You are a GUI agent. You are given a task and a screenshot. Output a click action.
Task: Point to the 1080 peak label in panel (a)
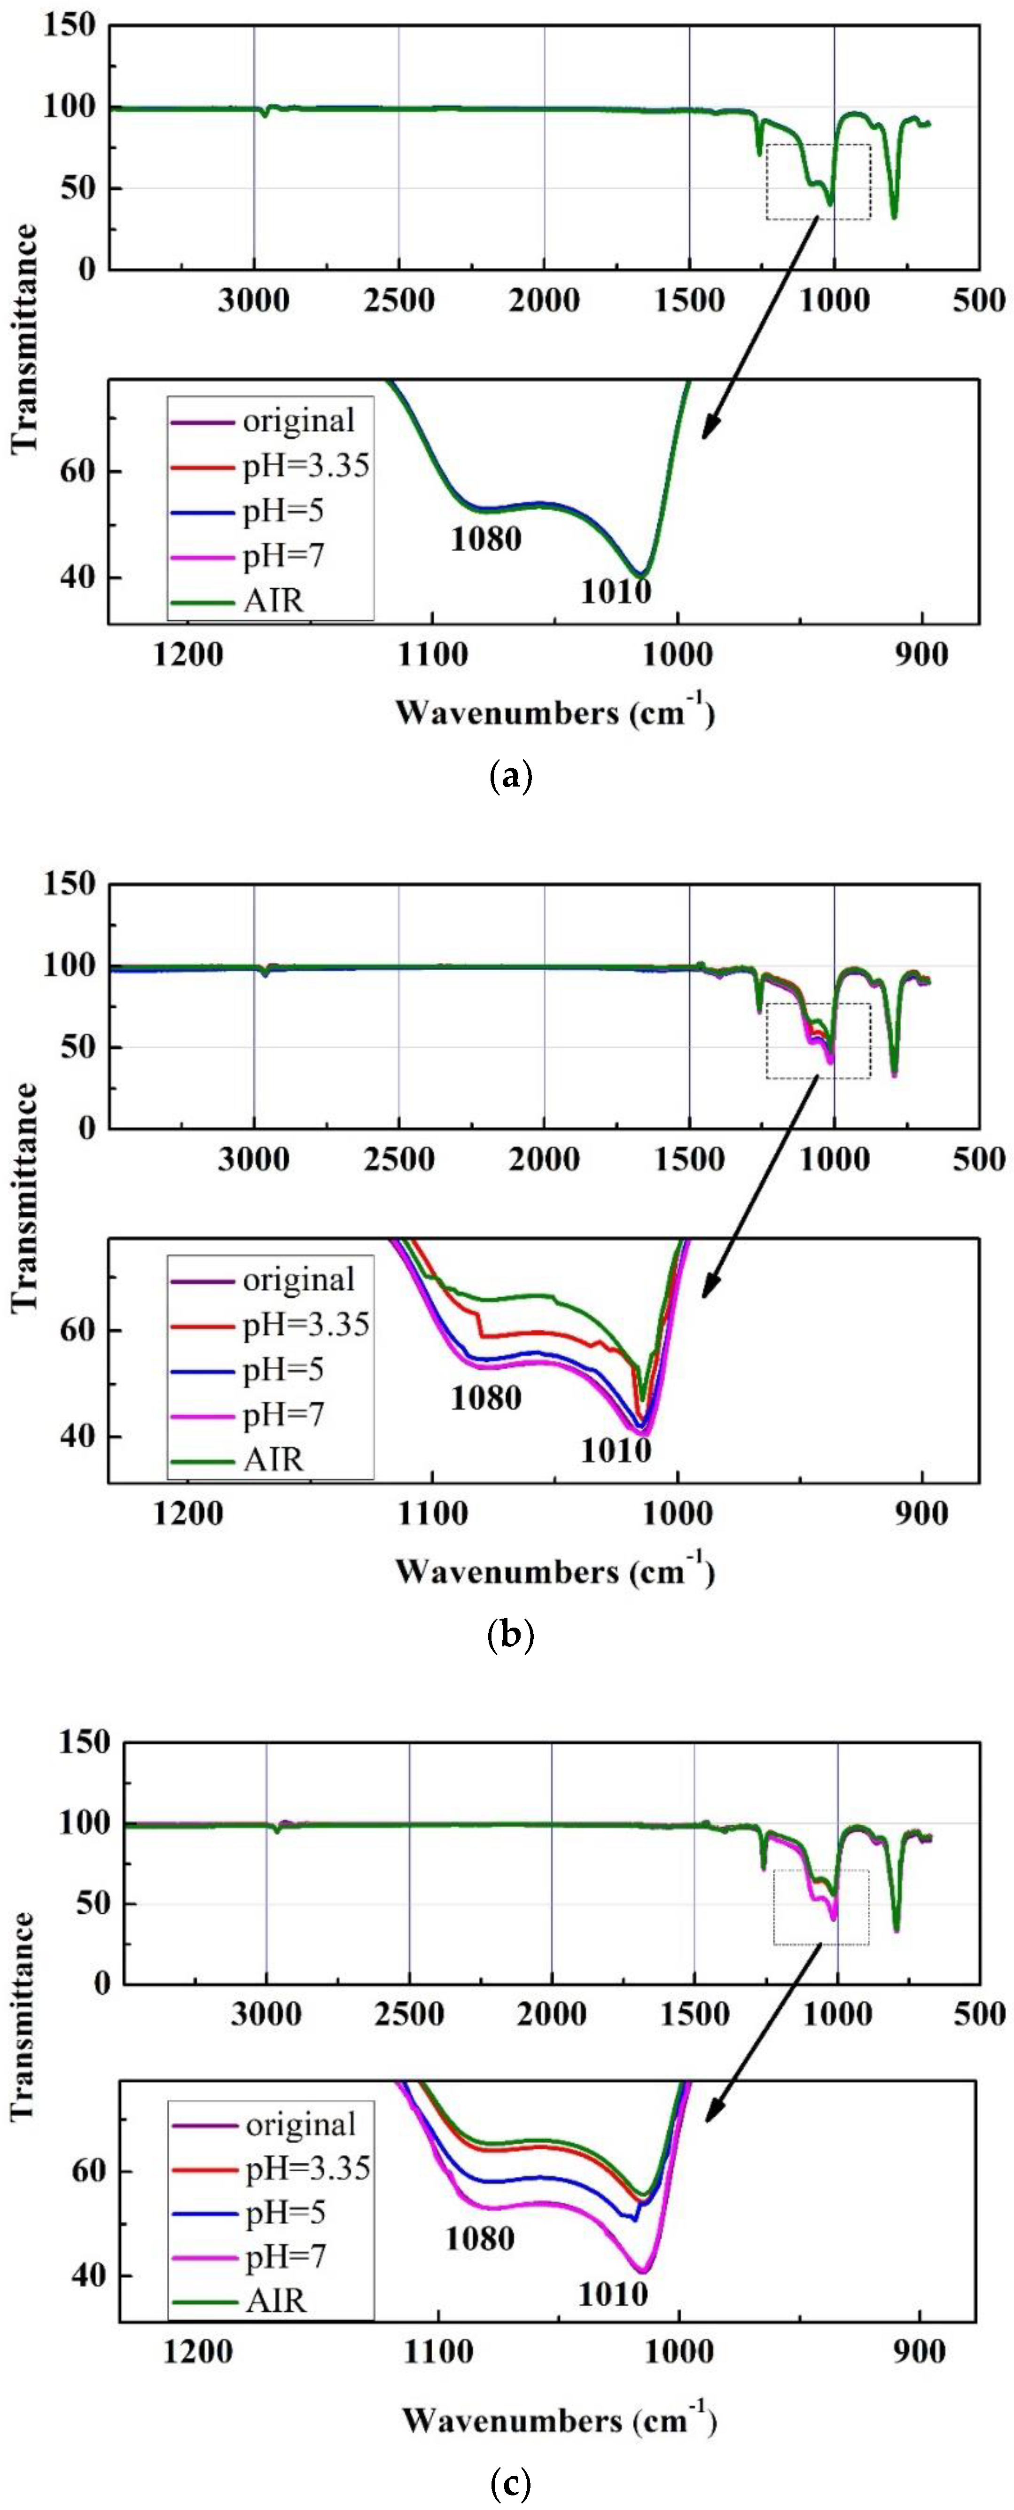[x=485, y=538]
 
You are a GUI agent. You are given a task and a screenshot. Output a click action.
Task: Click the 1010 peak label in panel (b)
[x=616, y=1450]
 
